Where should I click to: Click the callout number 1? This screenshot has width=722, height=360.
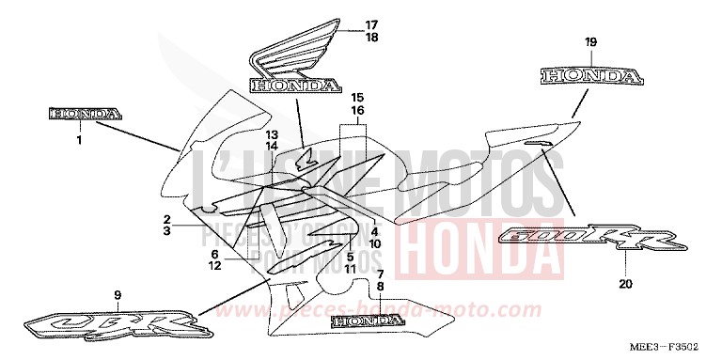(x=79, y=140)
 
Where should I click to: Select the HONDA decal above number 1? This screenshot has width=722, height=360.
(x=85, y=116)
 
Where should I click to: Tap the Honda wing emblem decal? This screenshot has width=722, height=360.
(x=294, y=60)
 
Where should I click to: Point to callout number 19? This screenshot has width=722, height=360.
(x=590, y=42)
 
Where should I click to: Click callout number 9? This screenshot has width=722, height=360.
(x=118, y=295)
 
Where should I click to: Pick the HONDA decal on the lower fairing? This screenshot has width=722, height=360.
(x=362, y=321)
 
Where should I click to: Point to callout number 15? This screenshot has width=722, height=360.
(x=357, y=98)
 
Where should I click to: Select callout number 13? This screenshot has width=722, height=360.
(x=271, y=134)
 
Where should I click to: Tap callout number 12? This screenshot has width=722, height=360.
(x=214, y=265)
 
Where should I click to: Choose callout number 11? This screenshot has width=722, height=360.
(x=350, y=268)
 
